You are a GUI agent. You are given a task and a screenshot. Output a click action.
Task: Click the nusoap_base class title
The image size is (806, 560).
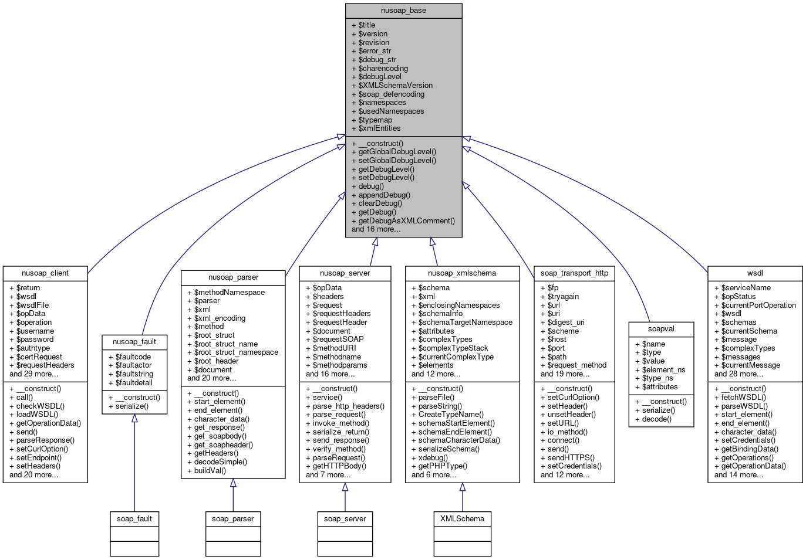(x=403, y=11)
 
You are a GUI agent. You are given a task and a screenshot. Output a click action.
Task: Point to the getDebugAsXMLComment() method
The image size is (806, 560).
(x=406, y=221)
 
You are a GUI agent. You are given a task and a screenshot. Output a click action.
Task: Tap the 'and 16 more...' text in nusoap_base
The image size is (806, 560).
(x=376, y=229)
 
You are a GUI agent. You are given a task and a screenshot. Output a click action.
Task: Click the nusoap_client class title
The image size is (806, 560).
(x=45, y=273)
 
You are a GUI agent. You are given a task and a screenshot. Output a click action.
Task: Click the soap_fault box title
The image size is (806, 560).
(x=134, y=519)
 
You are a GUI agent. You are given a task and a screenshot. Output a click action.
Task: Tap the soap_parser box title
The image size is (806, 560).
(x=233, y=519)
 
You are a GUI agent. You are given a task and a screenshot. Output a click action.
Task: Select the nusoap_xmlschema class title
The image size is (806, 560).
(x=462, y=273)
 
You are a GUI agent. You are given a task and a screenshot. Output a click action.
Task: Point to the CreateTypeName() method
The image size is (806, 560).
(x=451, y=415)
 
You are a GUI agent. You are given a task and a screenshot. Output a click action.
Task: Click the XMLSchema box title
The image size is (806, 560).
(x=462, y=519)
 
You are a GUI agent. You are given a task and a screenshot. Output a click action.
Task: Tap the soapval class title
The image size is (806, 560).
(x=661, y=329)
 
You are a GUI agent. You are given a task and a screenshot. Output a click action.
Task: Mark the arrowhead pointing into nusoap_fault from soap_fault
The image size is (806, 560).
(x=134, y=418)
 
